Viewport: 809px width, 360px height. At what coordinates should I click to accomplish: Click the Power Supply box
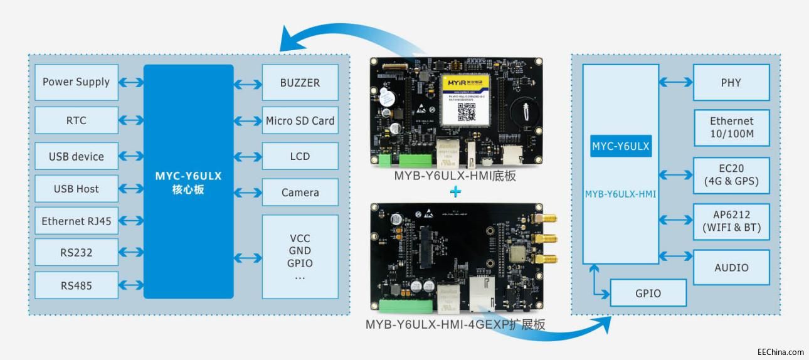point(76,82)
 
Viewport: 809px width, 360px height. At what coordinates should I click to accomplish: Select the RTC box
point(76,120)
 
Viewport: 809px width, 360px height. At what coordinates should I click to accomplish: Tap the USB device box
point(76,156)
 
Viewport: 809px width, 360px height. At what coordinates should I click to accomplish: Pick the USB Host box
point(76,189)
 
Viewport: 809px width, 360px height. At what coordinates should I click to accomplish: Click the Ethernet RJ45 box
point(76,221)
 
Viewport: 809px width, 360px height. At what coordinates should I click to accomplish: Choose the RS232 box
point(76,253)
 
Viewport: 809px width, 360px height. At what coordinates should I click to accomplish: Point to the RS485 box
point(76,285)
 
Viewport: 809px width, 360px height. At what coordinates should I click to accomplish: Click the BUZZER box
point(300,82)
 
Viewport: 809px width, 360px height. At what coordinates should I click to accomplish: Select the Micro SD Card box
point(300,120)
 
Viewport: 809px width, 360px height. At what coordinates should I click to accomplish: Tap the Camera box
point(300,193)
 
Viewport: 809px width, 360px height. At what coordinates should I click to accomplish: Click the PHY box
point(731,82)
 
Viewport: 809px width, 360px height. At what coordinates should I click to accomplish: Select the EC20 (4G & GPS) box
point(731,176)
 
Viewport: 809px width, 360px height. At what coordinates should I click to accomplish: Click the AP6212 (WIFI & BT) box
point(731,221)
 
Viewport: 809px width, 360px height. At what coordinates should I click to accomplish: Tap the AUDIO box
point(731,267)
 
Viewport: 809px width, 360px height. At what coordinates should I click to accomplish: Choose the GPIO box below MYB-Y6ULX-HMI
point(648,293)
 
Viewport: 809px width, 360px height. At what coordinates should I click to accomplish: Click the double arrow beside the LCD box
point(248,156)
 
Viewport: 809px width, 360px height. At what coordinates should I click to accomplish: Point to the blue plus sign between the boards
point(456,192)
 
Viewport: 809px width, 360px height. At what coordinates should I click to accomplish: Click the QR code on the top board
point(465,110)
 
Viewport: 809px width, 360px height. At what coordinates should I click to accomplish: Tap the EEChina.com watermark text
point(780,352)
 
